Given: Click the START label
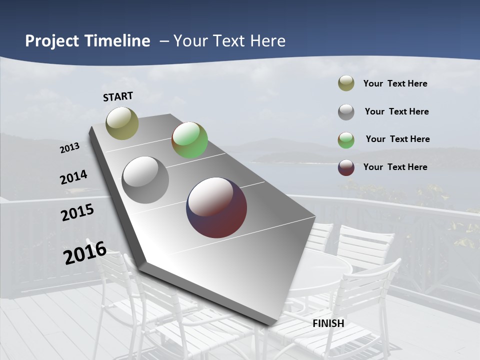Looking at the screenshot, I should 118,96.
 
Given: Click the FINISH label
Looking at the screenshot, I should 328,323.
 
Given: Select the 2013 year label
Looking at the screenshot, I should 69,148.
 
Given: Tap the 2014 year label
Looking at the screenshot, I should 73,177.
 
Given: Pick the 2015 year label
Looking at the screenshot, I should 77,212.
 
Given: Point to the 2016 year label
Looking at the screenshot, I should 85,253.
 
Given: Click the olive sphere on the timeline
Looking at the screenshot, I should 122,123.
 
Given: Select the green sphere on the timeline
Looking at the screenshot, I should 189,140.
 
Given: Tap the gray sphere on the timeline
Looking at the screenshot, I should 145,180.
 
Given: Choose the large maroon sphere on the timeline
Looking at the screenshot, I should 216,207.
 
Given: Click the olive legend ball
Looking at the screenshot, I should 346,83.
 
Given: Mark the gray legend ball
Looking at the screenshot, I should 346,112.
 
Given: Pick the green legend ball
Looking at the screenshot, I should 346,140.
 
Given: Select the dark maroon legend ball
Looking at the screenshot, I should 346,167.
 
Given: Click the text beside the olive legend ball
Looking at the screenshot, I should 395,83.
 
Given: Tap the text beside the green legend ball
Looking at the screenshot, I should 397,139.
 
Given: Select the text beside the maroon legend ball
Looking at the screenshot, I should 395,167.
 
